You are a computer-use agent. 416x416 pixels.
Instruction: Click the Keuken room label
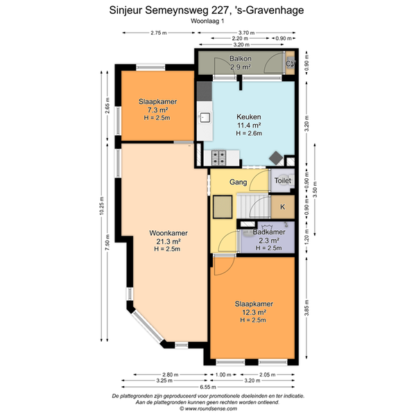tap(249, 116)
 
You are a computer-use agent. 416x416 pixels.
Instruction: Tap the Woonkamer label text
tap(168, 233)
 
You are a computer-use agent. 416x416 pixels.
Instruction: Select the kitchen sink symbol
tap(205, 117)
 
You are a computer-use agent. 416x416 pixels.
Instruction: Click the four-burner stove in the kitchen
tap(219, 157)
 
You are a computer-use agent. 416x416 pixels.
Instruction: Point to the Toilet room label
tap(283, 181)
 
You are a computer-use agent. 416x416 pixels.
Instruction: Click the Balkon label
tap(241, 58)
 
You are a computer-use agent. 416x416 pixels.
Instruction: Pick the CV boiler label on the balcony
tap(291, 64)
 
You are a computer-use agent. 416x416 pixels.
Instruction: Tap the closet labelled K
tap(283, 207)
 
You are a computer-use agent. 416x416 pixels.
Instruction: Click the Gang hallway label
tap(239, 182)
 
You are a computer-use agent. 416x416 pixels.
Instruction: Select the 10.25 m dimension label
tap(102, 206)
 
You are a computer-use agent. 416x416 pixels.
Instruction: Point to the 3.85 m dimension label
tap(306, 308)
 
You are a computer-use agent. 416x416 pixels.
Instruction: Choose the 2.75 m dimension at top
tap(159, 33)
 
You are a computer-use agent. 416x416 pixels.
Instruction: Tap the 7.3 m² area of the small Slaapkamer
tap(157, 110)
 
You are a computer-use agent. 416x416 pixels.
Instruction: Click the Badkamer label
tap(269, 232)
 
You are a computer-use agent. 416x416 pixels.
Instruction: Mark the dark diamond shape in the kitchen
tap(276, 158)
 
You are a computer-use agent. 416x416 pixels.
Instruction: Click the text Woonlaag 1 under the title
tap(207, 21)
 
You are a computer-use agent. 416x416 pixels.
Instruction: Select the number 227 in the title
tap(219, 10)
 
